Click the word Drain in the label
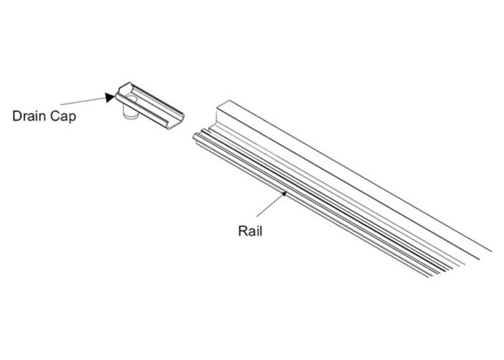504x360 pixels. (29, 116)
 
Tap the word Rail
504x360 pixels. (250, 231)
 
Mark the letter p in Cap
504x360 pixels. (73, 118)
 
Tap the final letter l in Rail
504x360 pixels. (261, 231)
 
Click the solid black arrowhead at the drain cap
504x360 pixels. (110, 97)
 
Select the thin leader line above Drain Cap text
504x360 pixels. (83, 101)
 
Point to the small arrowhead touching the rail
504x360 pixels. (284, 193)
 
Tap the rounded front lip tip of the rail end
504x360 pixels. (195, 137)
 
